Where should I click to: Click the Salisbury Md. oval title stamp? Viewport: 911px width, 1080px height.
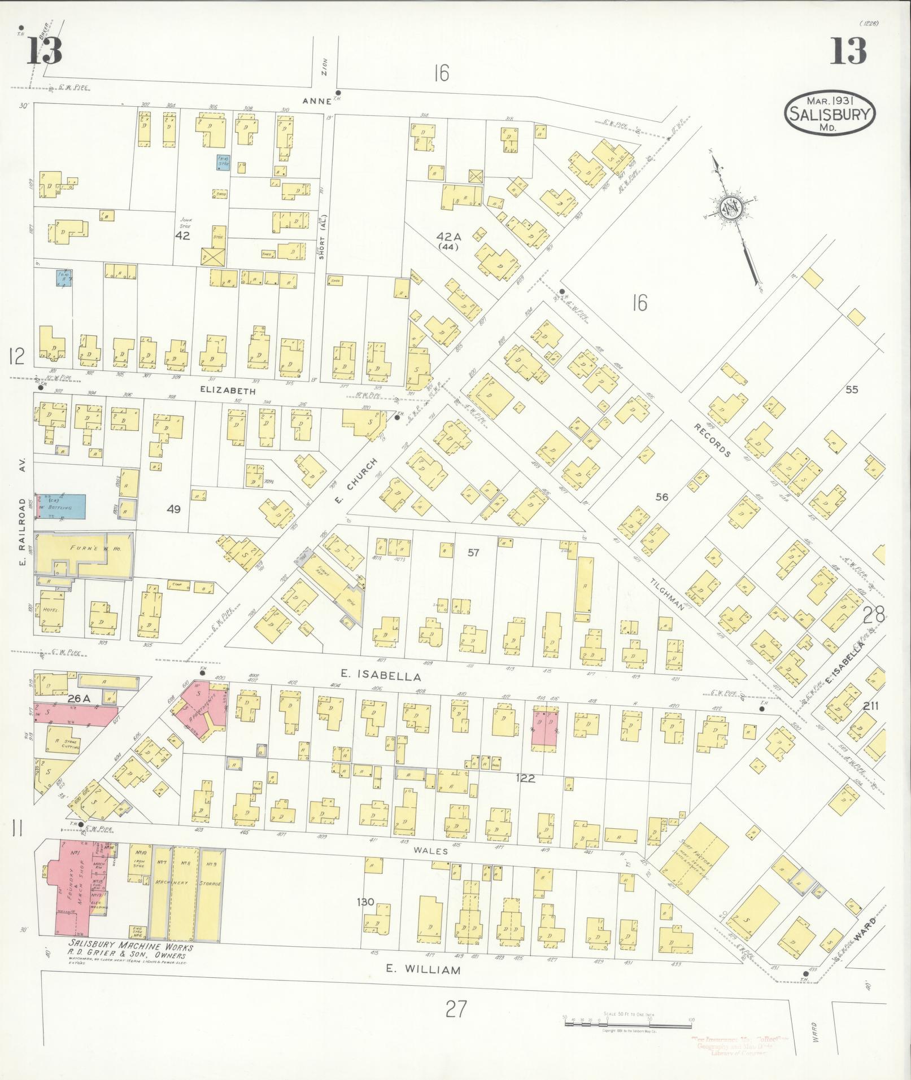pos(829,114)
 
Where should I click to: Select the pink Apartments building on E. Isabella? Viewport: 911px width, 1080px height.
pos(202,711)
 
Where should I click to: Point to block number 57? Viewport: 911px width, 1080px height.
pos(473,552)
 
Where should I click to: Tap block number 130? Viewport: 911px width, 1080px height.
pos(365,902)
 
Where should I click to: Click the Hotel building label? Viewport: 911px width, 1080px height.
pos(48,610)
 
